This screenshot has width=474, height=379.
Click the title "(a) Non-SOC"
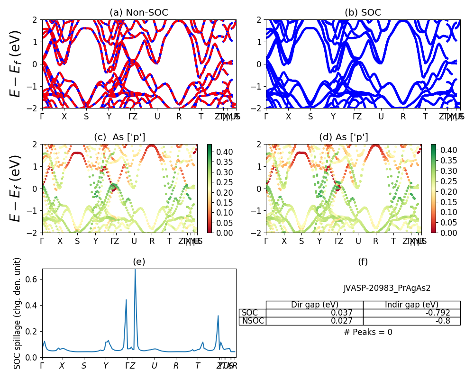point(139,13)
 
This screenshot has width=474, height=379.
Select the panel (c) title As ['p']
point(119,137)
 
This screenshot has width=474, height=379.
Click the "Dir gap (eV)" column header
point(314,305)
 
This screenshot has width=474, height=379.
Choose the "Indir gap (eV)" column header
point(411,305)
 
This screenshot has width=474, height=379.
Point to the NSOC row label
point(253,321)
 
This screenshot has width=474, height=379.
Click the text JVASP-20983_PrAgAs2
point(387,288)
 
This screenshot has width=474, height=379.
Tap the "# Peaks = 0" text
point(368,332)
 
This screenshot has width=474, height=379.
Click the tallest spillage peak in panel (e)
point(135,271)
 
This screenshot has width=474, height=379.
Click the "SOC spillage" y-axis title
point(18,313)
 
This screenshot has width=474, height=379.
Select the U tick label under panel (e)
point(154,366)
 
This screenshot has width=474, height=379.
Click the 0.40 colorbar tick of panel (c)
point(219,153)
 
